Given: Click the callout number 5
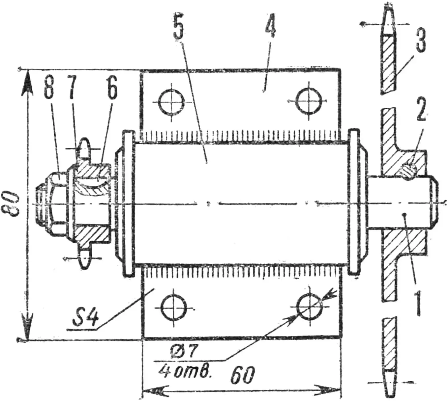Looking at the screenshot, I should tap(178, 27).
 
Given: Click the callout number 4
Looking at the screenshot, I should tap(270, 26).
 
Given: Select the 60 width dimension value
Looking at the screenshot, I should tap(243, 375).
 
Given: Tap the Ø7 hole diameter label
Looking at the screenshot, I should tap(184, 352).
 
